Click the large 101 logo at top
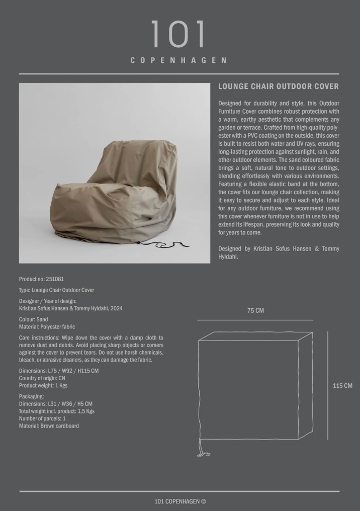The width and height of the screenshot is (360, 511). [x=179, y=35]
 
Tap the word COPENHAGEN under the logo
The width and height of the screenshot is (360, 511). [x=179, y=60]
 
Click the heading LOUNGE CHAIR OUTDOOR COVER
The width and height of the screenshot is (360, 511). [x=279, y=87]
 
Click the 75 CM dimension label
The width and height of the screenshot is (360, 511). [x=255, y=311]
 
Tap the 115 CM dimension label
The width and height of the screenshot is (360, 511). [x=342, y=386]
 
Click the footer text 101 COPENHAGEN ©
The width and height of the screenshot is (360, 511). [x=180, y=501]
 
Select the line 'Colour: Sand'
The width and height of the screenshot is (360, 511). [x=33, y=319]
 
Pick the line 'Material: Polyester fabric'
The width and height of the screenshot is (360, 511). [x=47, y=327]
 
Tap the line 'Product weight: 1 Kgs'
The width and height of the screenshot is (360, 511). [x=43, y=386]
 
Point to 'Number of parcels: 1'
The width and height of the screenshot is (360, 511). [x=42, y=418]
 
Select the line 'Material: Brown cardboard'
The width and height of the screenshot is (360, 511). [x=49, y=426]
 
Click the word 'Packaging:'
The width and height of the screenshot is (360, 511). [x=31, y=396]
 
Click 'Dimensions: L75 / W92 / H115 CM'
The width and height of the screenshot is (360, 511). [x=59, y=371]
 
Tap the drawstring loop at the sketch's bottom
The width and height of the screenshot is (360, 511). [x=203, y=454]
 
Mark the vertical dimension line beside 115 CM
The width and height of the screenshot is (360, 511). [x=328, y=385]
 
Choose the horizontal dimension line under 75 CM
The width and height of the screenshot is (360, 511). [x=255, y=320]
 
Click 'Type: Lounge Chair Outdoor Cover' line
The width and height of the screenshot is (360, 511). [x=56, y=290]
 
